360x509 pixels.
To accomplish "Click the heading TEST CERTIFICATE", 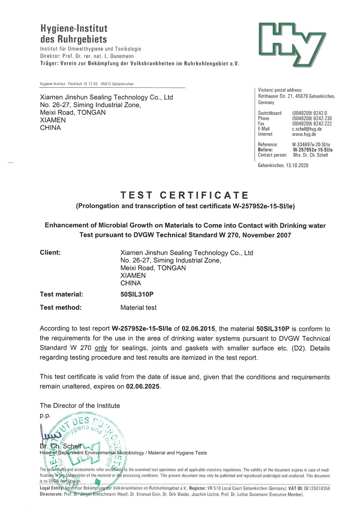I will coord(184,195).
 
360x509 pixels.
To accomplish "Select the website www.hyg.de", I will coord(304,134).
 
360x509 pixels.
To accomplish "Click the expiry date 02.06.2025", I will coord(143,386).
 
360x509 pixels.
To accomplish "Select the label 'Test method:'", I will coord(61,308).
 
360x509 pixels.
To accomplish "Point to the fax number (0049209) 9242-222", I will coord(312,123).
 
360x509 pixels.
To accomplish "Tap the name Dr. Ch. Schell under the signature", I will coord(59,446).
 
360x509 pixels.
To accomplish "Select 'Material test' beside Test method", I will coord(139,308).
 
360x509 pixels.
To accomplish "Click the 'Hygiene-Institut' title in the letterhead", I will coord(74,29).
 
